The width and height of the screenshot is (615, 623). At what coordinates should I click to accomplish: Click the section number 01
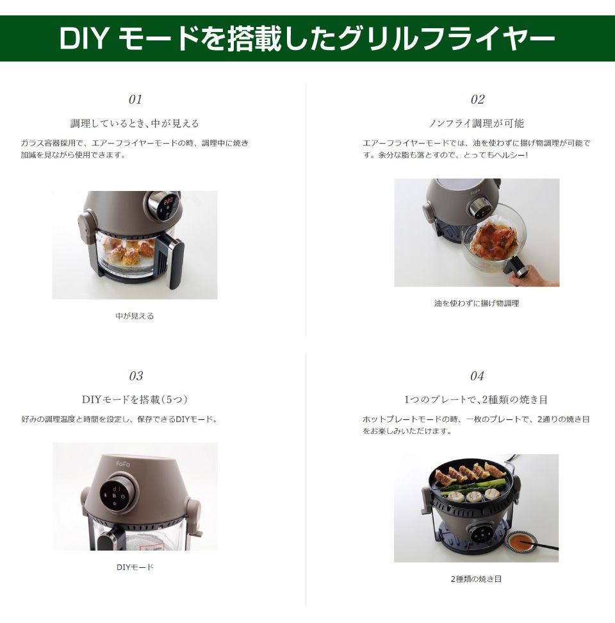click(135, 99)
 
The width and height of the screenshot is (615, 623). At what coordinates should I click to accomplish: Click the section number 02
click(477, 99)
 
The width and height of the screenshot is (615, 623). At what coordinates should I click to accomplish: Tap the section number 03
click(136, 376)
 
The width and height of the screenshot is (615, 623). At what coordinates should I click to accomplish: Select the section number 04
click(477, 376)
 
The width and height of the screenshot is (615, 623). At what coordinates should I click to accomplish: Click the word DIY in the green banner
click(84, 39)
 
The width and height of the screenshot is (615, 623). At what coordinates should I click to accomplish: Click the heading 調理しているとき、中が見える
click(135, 123)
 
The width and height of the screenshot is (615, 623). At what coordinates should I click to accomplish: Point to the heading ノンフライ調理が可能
click(477, 123)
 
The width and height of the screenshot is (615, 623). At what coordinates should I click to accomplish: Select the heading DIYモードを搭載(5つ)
click(135, 399)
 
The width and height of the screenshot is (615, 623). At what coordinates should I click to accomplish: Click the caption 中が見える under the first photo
click(135, 316)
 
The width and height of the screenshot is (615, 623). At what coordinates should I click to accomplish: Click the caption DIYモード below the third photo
click(135, 567)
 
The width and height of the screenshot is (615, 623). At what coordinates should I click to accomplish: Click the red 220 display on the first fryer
click(167, 201)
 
